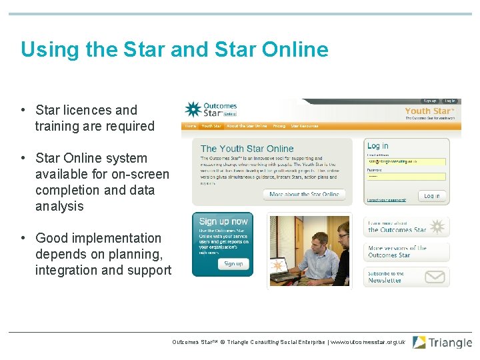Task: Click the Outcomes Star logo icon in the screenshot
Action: click(193, 110)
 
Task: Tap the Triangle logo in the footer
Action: click(442, 343)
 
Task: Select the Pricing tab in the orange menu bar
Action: click(279, 126)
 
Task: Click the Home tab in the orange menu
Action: click(191, 126)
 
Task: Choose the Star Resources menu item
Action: click(305, 126)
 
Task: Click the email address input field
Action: click(406, 161)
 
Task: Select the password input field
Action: click(406, 177)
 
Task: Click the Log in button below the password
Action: click(431, 195)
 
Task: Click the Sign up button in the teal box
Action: click(233, 263)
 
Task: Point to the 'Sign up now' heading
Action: click(223, 221)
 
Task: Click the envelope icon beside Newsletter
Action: click(435, 277)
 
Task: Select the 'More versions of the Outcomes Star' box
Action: click(406, 252)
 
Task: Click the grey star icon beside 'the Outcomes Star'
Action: click(437, 227)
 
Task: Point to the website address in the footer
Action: click(367, 342)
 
